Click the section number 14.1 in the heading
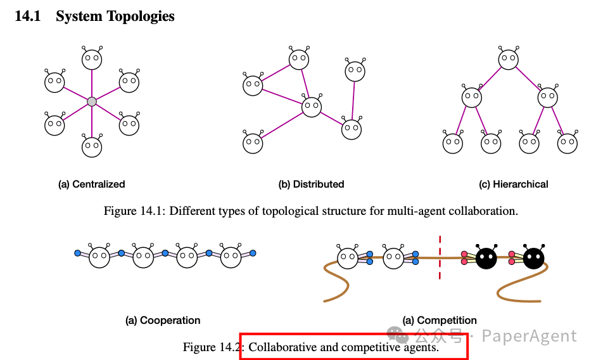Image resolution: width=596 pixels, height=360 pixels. point(27,16)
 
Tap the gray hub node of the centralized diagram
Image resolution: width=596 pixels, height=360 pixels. point(92,101)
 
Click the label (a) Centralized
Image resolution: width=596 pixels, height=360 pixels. point(92,184)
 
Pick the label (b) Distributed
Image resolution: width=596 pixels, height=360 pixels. point(311,184)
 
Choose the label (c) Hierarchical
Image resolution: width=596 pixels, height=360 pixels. point(514,184)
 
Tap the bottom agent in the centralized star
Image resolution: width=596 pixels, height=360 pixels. point(92,147)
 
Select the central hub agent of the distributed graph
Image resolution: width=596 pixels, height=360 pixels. point(312,106)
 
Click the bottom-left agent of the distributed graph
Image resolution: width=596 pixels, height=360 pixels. point(253,143)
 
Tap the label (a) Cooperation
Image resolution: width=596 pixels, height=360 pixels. point(163,321)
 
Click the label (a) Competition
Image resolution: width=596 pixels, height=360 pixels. point(440,321)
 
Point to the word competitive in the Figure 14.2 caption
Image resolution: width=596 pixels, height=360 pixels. point(369,347)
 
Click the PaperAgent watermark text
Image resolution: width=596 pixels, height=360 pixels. point(529,336)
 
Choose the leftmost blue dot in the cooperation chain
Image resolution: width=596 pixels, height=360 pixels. point(78,253)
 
